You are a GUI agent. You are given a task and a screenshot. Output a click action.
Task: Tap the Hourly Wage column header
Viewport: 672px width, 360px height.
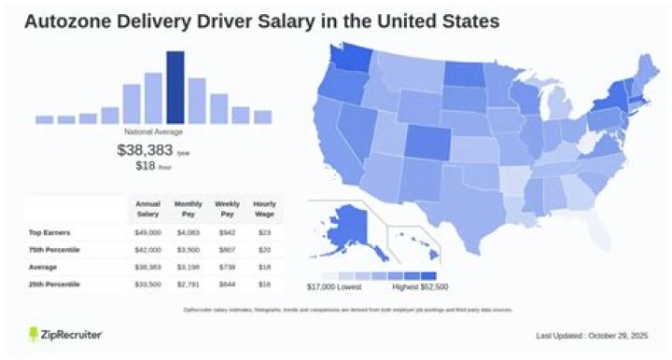(x=265, y=209)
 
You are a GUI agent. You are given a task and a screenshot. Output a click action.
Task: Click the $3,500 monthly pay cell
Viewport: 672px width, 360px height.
(x=188, y=249)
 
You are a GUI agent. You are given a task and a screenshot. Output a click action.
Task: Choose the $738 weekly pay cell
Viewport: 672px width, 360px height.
(x=227, y=266)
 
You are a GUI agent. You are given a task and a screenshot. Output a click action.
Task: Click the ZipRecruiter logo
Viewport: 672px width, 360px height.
(x=65, y=334)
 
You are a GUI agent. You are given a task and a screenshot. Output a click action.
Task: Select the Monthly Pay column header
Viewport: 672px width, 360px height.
(x=188, y=209)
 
